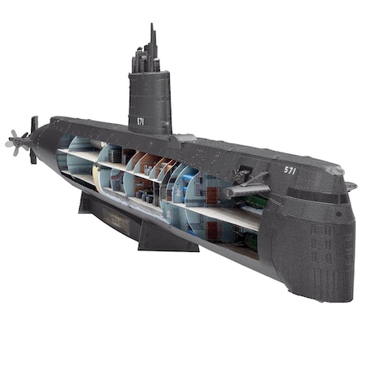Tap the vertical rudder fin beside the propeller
[33, 139]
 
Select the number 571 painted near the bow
[290, 170]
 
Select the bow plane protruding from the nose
[349, 185]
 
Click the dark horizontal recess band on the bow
[326, 196]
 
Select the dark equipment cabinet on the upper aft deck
[115, 153]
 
